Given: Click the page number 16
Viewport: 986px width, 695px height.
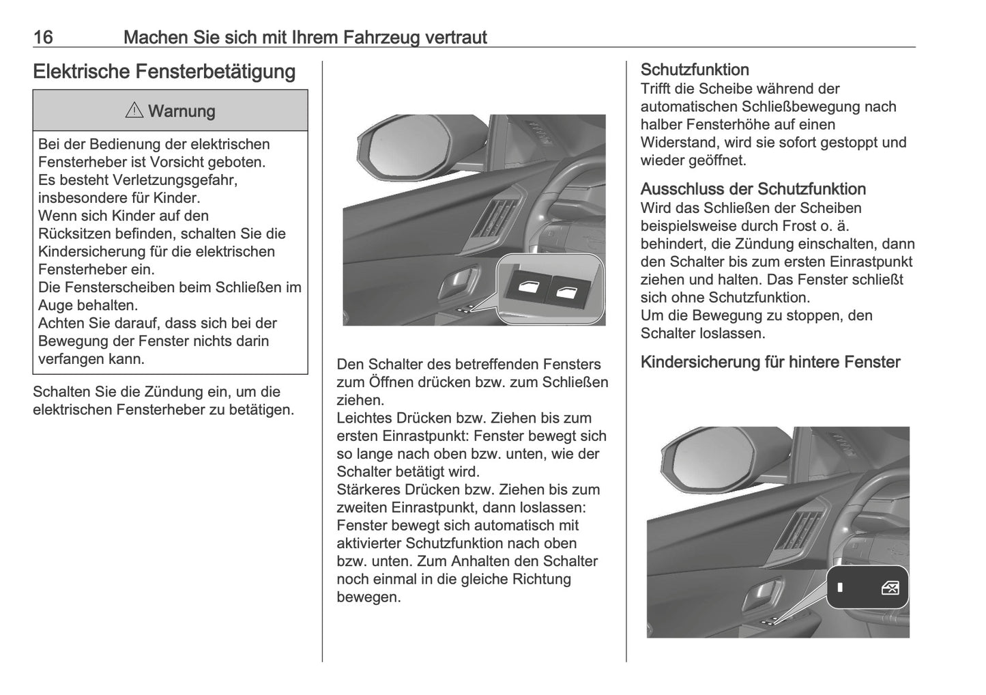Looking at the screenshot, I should coord(43,37).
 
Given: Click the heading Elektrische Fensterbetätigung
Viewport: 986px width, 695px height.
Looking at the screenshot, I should coord(164,72).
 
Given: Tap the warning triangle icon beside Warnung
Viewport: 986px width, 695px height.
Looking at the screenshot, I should coord(134,111).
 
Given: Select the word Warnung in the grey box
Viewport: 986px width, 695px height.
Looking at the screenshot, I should coord(182,111).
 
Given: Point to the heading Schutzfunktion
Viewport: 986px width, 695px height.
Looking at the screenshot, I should coord(694,70).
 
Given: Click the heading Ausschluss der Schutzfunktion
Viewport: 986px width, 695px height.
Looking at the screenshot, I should coord(753,189).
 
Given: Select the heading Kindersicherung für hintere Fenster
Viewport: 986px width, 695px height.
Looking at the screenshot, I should coord(770,362).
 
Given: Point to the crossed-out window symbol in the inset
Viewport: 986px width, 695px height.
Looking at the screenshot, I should coord(890,588).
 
